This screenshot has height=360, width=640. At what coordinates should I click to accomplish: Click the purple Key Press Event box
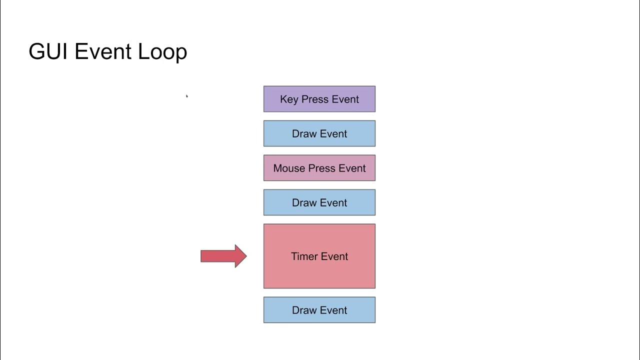(x=319, y=99)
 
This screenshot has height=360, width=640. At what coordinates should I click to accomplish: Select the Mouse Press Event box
(x=319, y=168)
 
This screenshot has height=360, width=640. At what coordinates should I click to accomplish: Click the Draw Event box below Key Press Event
(x=319, y=133)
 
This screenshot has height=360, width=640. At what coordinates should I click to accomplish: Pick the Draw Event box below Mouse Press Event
(x=319, y=202)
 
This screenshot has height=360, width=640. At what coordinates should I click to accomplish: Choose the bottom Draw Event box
(x=319, y=310)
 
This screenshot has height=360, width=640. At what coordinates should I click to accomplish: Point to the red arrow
(x=222, y=256)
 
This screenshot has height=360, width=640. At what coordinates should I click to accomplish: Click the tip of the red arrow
(x=245, y=256)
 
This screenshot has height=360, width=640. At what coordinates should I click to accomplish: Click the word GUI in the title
(x=48, y=52)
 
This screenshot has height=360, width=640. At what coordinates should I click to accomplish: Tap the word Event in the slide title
(x=103, y=52)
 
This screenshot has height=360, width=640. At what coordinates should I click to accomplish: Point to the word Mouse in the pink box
(x=288, y=168)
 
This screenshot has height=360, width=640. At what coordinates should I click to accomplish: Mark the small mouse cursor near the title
(x=186, y=96)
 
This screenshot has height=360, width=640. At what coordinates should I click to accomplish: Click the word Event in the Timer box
(x=334, y=256)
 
